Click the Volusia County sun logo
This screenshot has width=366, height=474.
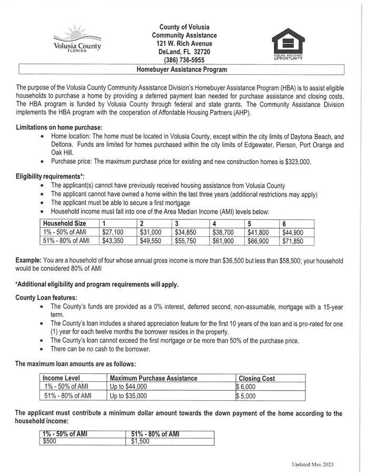pyautogui.click(x=77, y=38)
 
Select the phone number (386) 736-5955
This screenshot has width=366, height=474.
pyautogui.click(x=184, y=60)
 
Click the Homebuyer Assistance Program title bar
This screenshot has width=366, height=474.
pyautogui.click(x=182, y=70)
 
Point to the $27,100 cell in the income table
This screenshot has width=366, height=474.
pyautogui.click(x=113, y=232)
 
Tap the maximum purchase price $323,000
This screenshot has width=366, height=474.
pyautogui.click(x=297, y=162)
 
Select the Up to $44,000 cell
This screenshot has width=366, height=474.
pyautogui.click(x=128, y=386)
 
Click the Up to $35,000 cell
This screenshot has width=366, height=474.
pyautogui.click(x=128, y=395)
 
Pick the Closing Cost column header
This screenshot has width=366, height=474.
pyautogui.click(x=257, y=378)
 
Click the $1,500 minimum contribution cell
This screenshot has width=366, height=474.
pyautogui.click(x=140, y=442)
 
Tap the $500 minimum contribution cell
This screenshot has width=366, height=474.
pyautogui.click(x=50, y=442)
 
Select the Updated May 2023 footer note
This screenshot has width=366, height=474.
pyautogui.click(x=312, y=465)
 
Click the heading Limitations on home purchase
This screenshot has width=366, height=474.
pyautogui.click(x=59, y=128)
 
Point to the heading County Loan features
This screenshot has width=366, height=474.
pyautogui.click(x=46, y=297)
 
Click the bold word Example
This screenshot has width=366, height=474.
pyautogui.click(x=28, y=261)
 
